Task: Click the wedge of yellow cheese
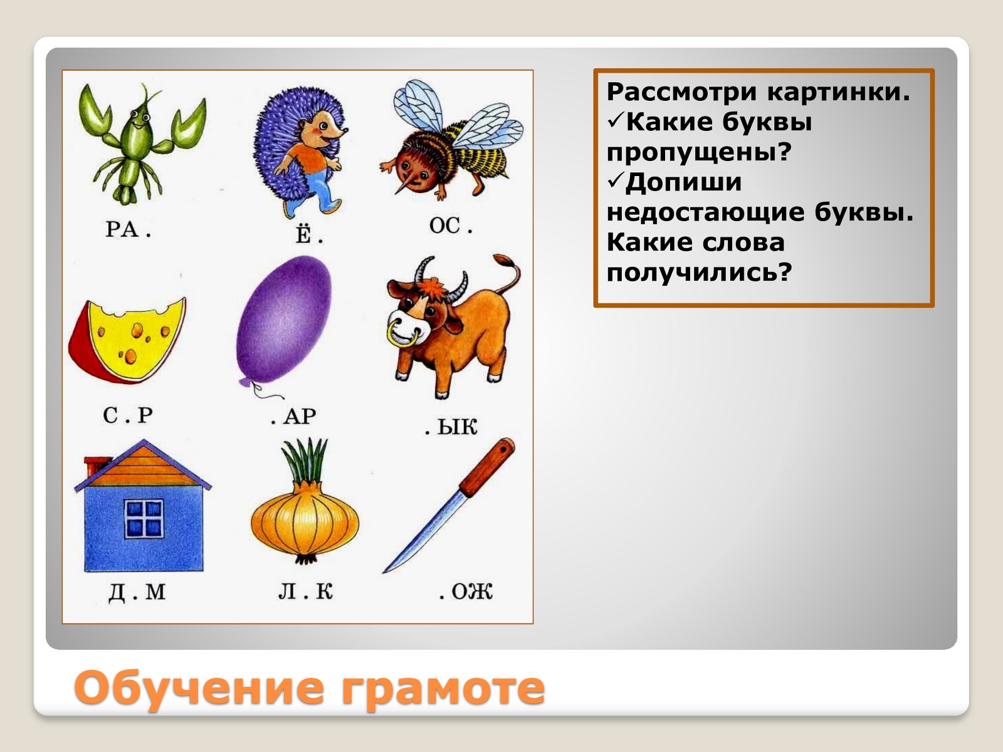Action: click(128, 340)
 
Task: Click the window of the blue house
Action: click(144, 518)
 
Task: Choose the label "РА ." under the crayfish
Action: click(128, 229)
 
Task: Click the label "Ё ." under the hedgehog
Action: click(309, 233)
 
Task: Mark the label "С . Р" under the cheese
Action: click(127, 415)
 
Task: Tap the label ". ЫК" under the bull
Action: click(451, 427)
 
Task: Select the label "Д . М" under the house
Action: click(137, 593)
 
